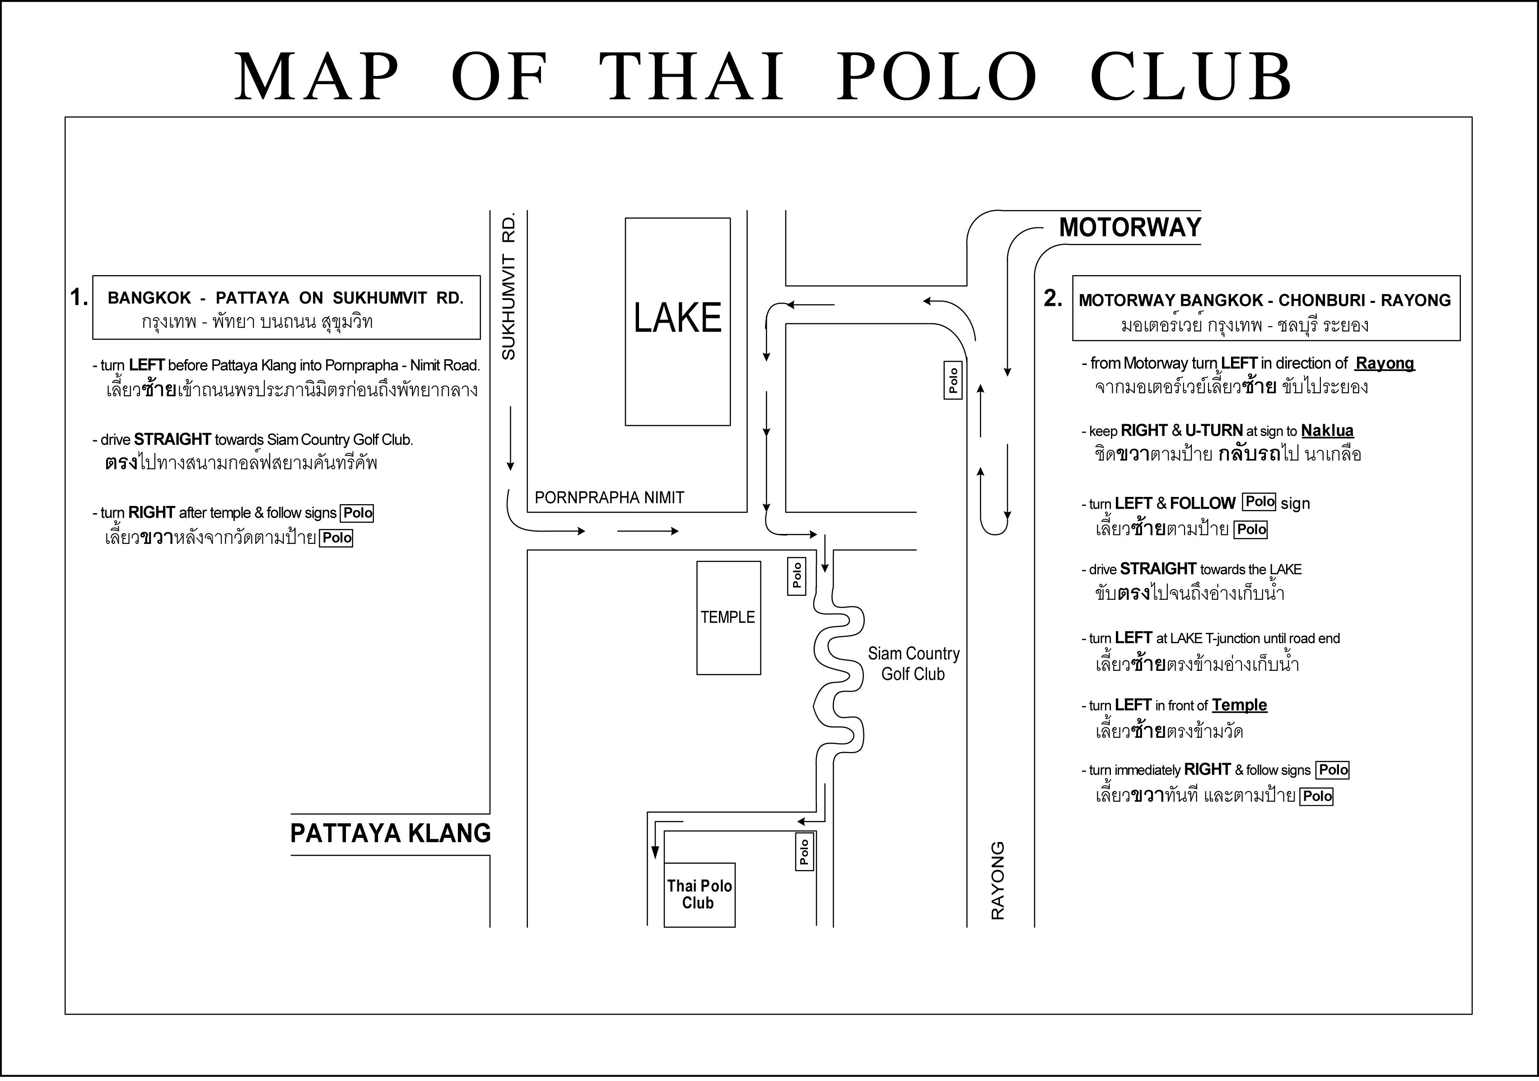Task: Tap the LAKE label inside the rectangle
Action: point(678,318)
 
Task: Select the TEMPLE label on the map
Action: point(728,617)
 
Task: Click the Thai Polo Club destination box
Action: point(699,894)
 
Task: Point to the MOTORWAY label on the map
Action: point(1130,227)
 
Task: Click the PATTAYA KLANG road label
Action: point(390,833)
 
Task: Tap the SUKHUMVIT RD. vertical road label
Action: point(509,286)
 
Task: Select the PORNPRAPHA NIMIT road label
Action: point(609,497)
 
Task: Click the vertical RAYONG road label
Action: point(998,880)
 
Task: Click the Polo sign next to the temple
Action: point(796,576)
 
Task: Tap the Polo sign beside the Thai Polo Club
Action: point(804,852)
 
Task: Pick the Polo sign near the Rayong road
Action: point(953,380)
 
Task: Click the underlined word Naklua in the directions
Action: point(1327,431)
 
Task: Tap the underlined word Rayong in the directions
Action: point(1385,364)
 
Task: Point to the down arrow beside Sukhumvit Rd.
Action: point(511,438)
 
